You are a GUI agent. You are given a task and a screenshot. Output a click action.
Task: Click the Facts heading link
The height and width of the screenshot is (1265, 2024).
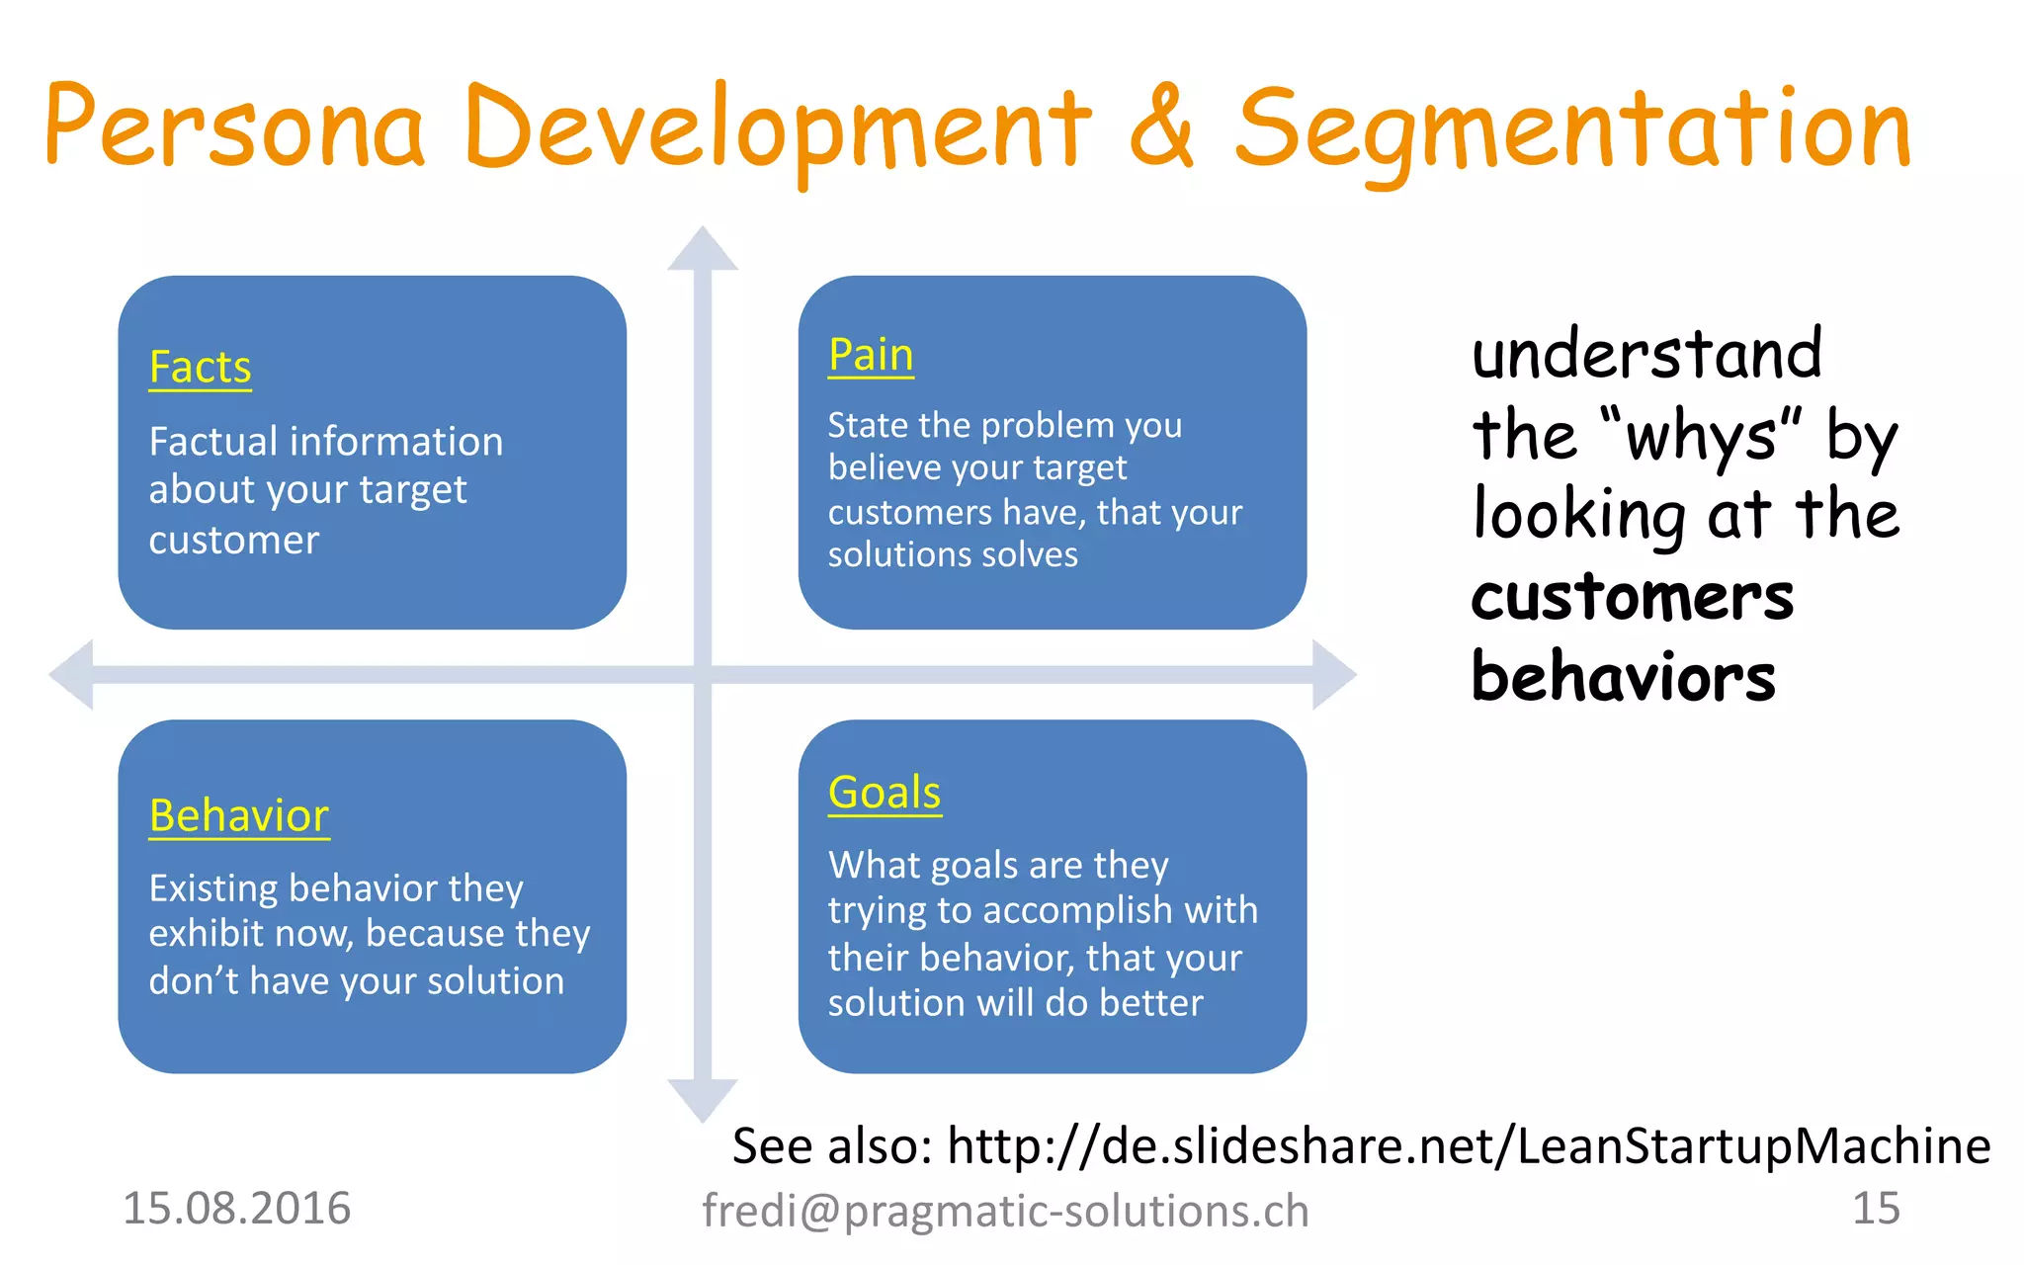pos(200,368)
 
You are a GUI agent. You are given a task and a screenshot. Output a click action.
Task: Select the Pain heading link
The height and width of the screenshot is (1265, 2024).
pos(871,355)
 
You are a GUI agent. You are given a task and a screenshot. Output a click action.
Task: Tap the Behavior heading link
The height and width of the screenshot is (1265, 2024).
pos(238,816)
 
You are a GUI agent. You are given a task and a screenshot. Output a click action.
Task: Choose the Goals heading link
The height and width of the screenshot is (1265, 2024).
pos(885,793)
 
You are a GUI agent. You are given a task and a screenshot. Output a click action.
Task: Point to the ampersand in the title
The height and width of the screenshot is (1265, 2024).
pos(1161,126)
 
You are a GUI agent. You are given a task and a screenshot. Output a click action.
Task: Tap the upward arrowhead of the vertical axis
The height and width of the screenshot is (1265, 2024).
pos(703,250)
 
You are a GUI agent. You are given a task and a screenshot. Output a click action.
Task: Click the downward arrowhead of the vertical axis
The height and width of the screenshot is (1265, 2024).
pos(703,1099)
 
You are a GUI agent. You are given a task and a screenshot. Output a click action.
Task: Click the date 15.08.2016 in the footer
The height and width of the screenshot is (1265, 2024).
pos(236,1209)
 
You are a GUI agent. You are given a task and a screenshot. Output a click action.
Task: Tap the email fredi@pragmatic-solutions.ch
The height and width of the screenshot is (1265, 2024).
pos(1005,1212)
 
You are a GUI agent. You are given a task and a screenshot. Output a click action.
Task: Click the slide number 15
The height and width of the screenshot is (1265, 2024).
pos(1875,1209)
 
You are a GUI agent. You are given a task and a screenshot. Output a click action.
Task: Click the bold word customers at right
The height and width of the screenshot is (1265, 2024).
pos(1632,598)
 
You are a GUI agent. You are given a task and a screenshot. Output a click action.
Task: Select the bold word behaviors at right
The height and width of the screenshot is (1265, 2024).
pos(1623,678)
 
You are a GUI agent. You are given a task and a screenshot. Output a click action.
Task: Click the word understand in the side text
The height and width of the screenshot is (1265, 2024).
pos(1646,354)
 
